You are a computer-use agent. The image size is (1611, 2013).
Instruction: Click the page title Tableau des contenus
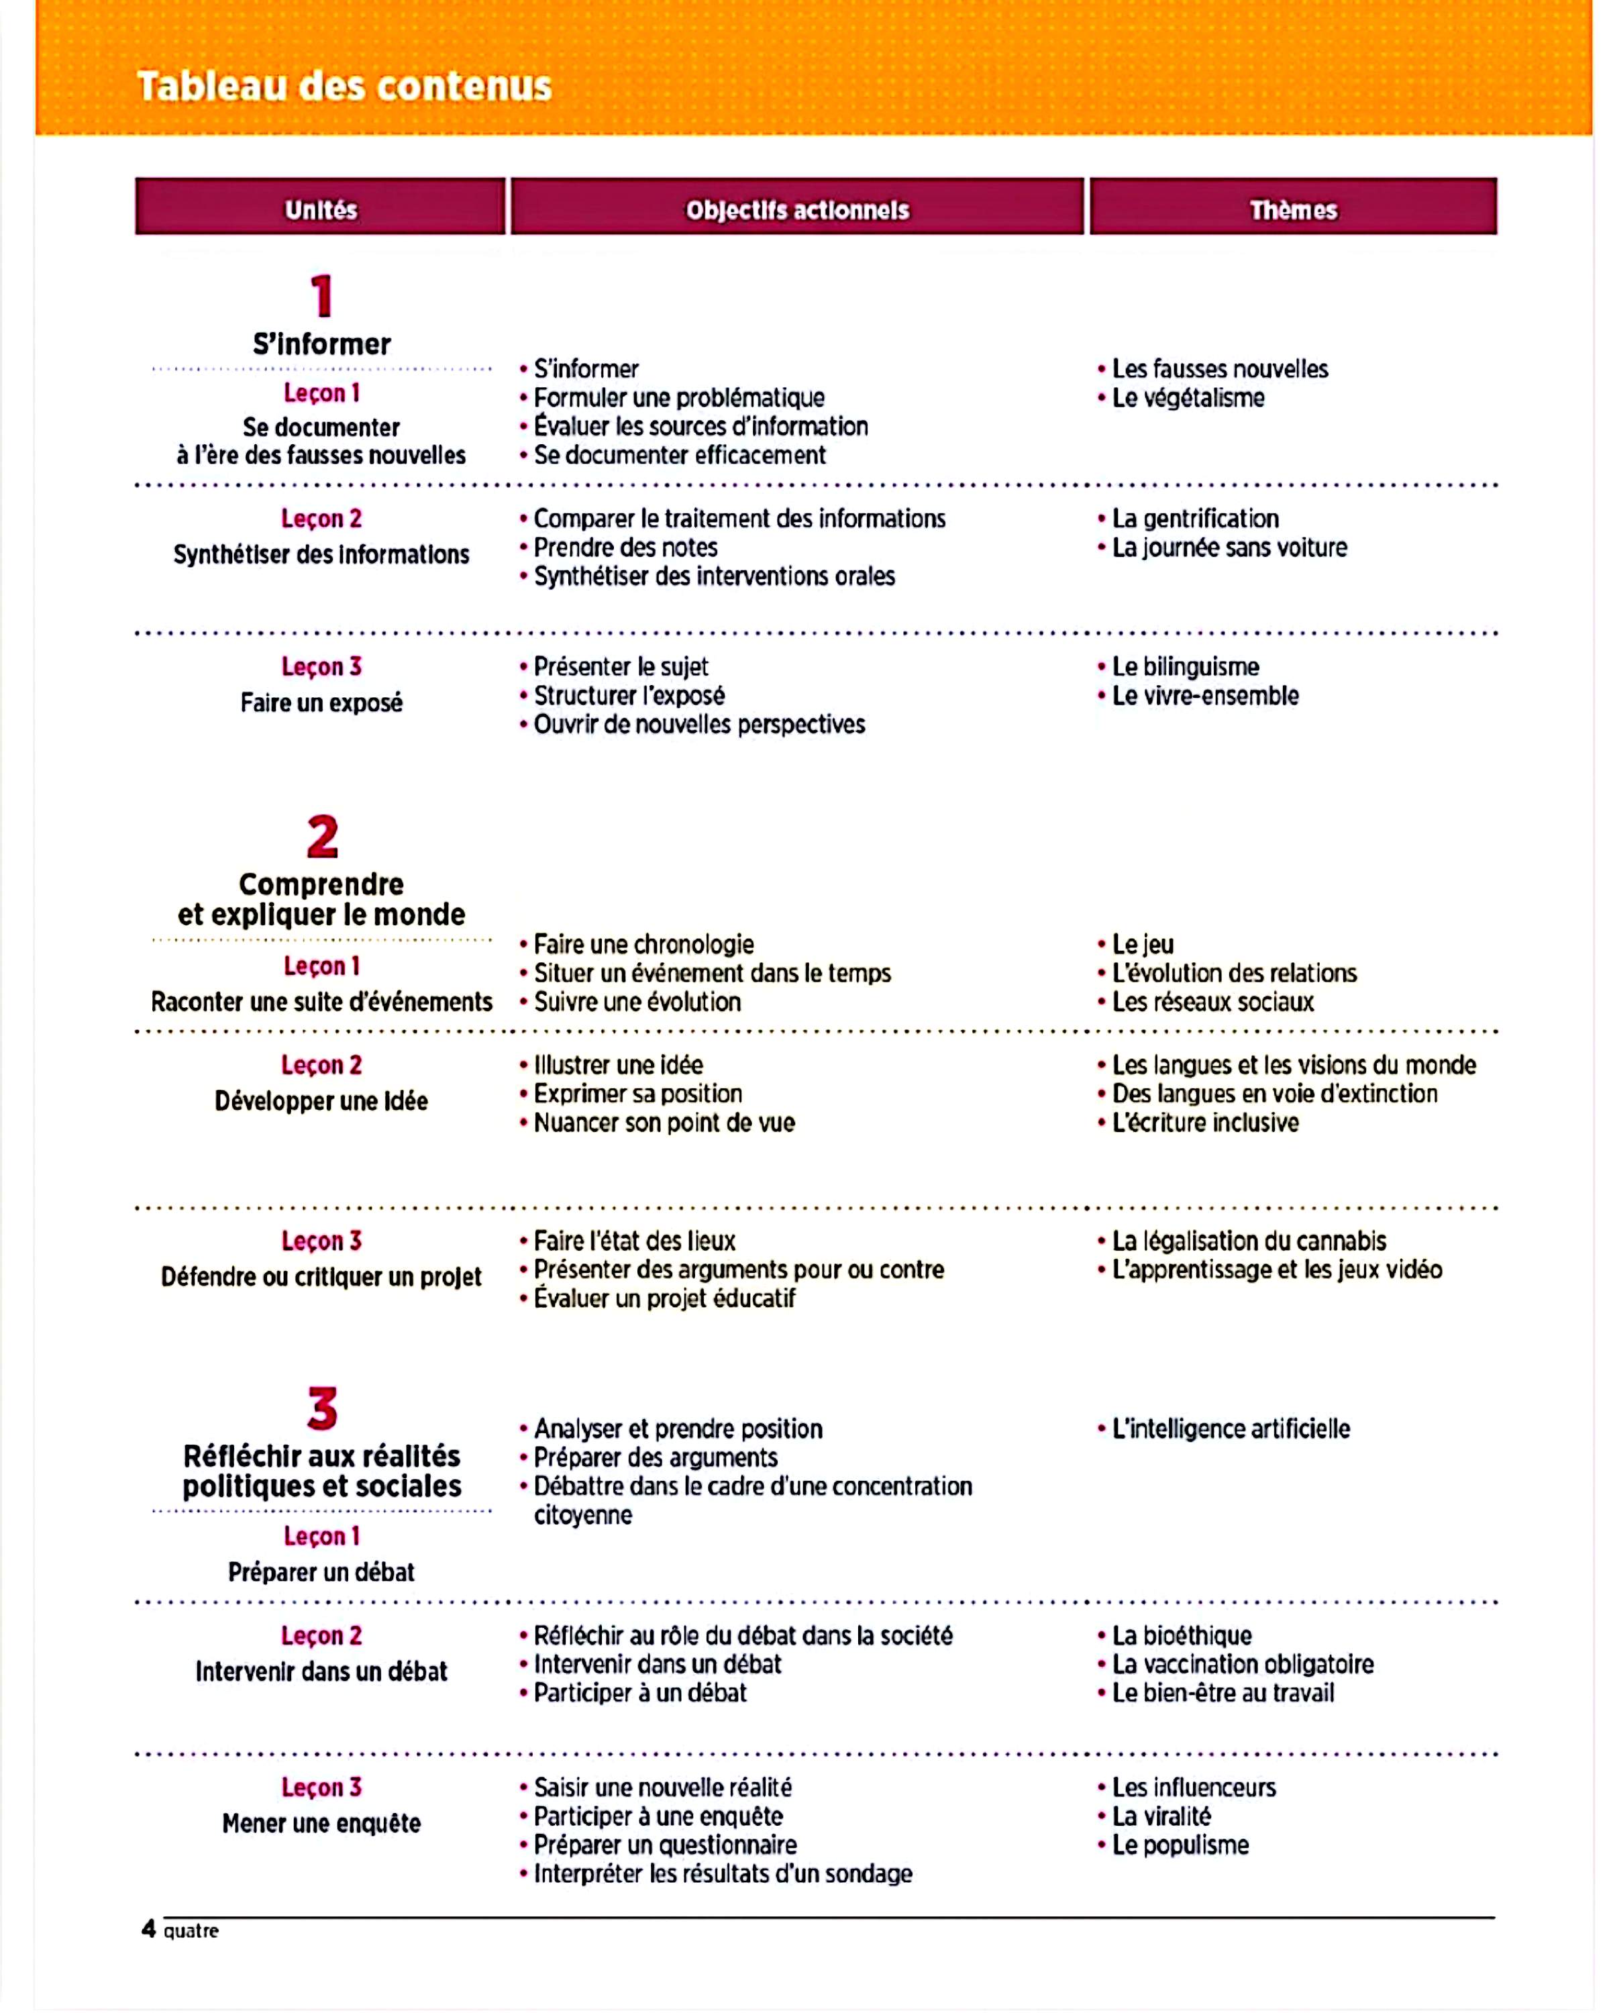click(x=344, y=86)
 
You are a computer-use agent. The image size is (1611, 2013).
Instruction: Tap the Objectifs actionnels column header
click(x=797, y=209)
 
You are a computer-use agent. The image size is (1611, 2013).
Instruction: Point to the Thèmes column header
click(x=1293, y=209)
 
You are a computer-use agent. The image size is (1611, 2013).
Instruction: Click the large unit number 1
click(x=322, y=296)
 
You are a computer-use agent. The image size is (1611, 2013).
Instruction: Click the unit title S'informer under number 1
click(x=321, y=344)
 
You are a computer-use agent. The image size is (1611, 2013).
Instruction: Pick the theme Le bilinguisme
click(x=1186, y=667)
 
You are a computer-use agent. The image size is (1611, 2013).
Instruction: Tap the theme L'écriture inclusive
click(x=1205, y=1123)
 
